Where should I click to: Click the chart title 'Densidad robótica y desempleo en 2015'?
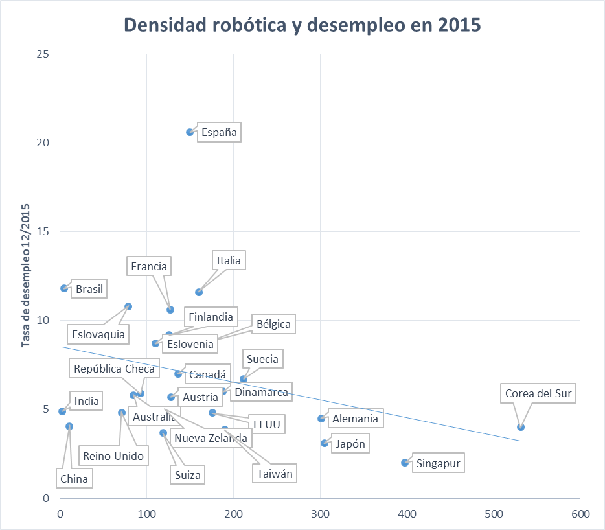tap(302, 25)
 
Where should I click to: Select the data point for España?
tap(190, 132)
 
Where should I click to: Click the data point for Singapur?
tap(405, 463)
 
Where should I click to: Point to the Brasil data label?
tap(89, 289)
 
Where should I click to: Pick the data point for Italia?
tap(199, 292)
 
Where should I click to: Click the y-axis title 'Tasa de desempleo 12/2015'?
tap(27, 276)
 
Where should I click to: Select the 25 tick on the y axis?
tap(43, 54)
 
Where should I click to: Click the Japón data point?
tap(325, 443)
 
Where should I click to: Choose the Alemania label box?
tap(354, 419)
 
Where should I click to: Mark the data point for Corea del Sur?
tap(521, 427)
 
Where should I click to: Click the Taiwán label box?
tap(275, 474)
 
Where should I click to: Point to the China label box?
tap(74, 479)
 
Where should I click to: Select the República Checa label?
tap(114, 369)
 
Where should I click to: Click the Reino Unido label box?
tap(113, 456)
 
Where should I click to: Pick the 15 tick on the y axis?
tap(43, 231)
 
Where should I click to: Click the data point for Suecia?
tap(244, 379)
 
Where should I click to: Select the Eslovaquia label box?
tap(99, 334)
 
